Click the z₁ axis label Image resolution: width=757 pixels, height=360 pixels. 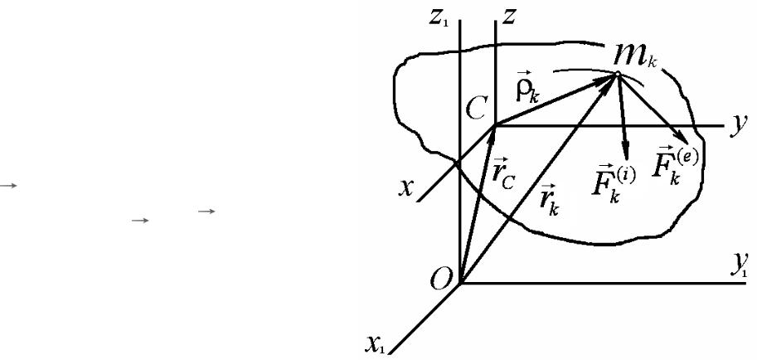click(x=442, y=18)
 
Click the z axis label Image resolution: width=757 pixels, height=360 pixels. click(x=508, y=17)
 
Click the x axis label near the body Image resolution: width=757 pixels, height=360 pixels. click(x=406, y=187)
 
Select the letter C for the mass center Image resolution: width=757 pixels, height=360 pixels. click(x=476, y=109)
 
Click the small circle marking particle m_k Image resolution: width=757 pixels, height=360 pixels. click(x=617, y=74)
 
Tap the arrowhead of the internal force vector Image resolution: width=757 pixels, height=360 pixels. click(x=626, y=153)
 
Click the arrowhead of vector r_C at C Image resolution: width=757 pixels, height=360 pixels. click(x=493, y=134)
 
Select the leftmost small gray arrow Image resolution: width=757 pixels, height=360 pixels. click(x=8, y=185)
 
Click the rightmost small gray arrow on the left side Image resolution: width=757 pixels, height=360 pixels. click(x=206, y=211)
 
